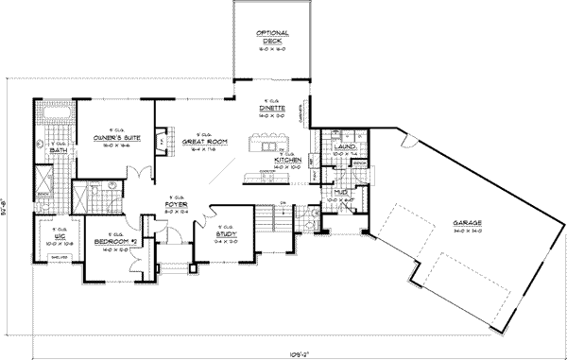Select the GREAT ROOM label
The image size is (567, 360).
click(201, 141)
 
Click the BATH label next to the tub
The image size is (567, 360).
click(56, 149)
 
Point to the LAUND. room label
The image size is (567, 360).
click(344, 146)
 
